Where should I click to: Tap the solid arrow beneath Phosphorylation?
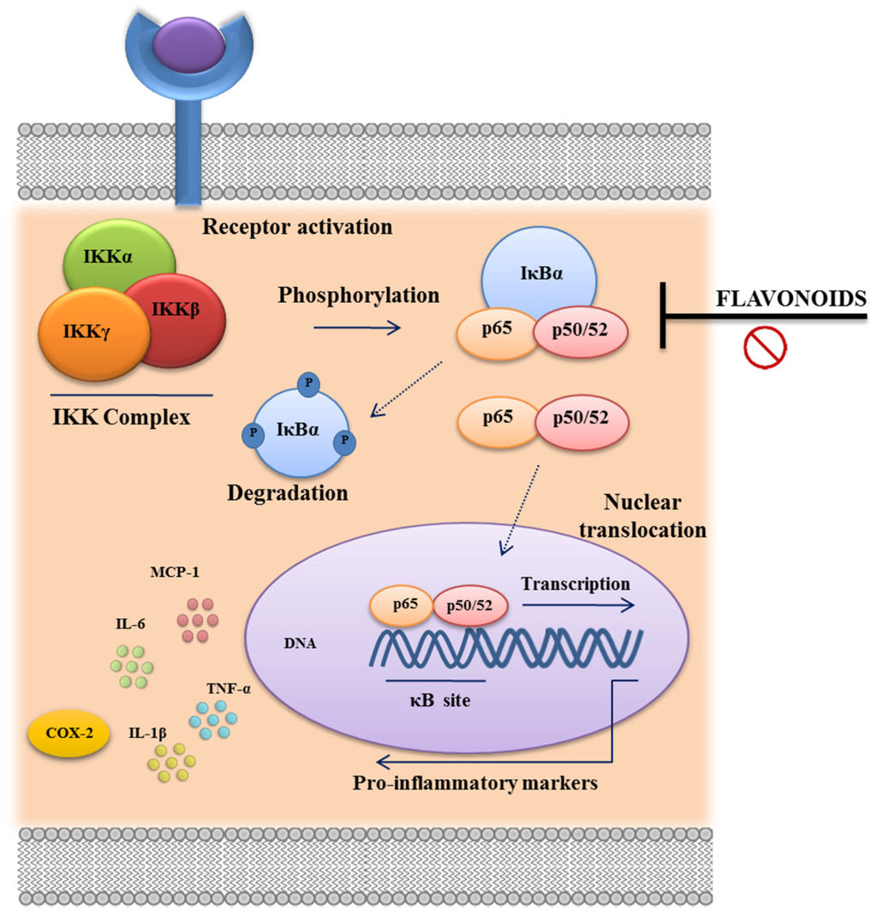(x=356, y=327)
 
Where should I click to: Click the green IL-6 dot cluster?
(x=131, y=666)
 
